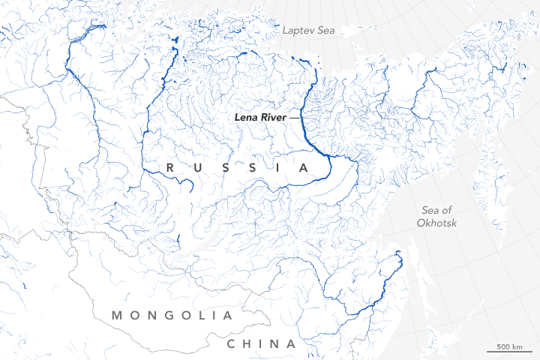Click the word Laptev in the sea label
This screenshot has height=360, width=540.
coord(298,31)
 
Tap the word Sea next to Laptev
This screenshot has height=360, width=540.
coord(328,31)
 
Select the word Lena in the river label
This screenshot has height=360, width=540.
coord(246,118)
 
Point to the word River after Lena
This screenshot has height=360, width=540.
coord(276,118)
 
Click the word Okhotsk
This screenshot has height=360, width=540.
coord(439,223)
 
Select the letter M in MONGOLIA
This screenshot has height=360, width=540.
coord(117,316)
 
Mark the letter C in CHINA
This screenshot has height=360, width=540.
coord(232,344)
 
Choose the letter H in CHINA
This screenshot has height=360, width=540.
coord(249,344)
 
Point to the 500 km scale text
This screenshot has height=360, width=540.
coord(508,346)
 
